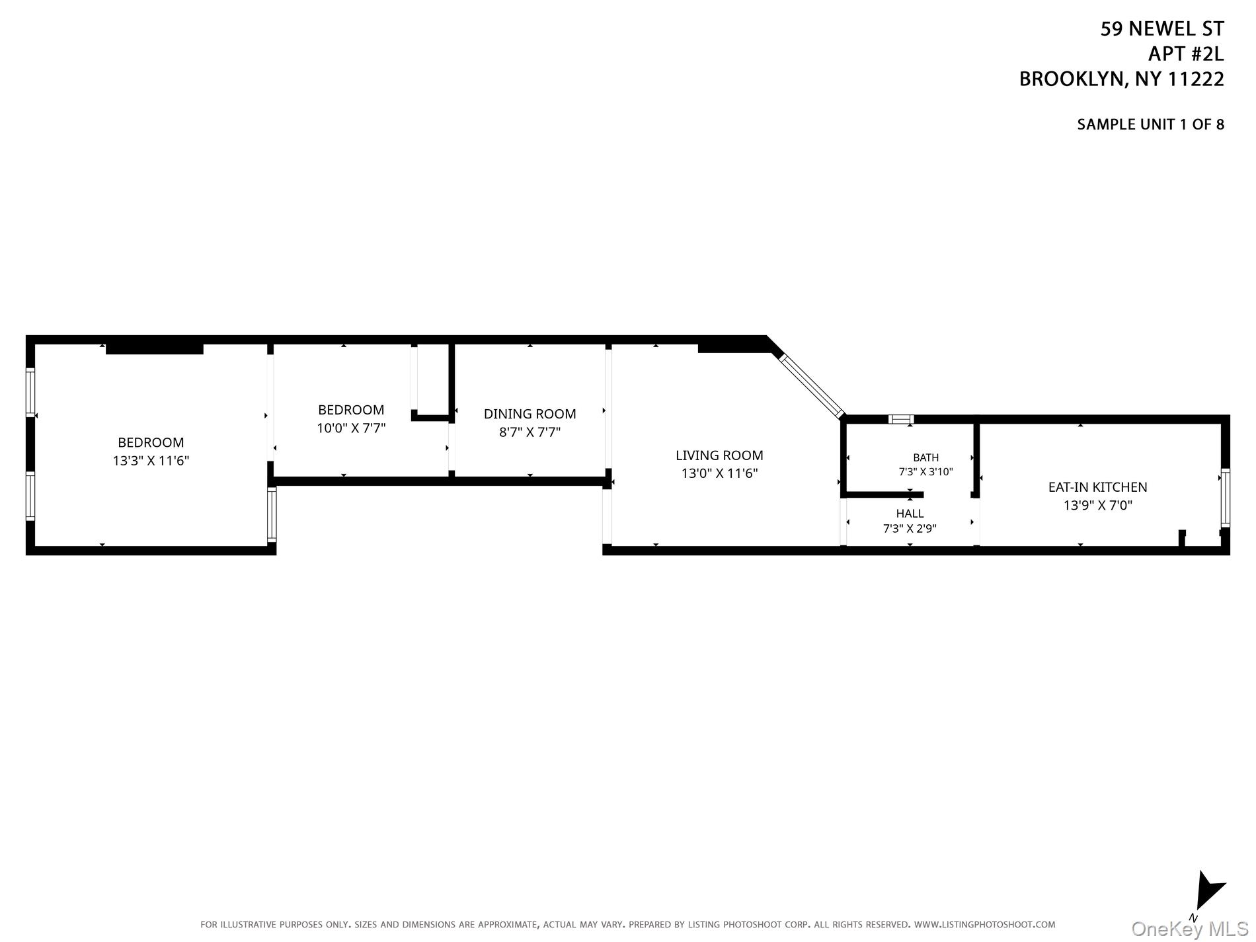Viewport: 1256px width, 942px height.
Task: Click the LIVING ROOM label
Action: [x=719, y=455]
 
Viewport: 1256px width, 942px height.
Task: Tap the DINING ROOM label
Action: [x=530, y=414]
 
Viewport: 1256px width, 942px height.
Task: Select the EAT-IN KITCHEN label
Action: [x=1097, y=487]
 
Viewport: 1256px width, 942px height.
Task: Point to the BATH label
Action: [x=925, y=457]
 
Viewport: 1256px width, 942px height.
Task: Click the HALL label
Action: [x=910, y=514]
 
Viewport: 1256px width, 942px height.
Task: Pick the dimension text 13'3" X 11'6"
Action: [x=151, y=461]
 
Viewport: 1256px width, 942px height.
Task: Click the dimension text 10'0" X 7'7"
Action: [x=351, y=428]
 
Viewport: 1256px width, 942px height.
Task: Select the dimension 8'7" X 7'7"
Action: [x=530, y=432]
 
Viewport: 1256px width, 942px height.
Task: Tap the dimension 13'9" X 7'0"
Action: [x=1097, y=506]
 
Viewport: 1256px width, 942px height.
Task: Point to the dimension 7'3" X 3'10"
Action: [x=925, y=472]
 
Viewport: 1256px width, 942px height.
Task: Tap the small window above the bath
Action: [x=901, y=419]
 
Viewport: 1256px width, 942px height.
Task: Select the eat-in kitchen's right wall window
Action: [x=1225, y=498]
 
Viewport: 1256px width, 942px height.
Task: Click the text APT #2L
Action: [x=1186, y=54]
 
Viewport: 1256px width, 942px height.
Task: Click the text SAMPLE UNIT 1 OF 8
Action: [x=1150, y=124]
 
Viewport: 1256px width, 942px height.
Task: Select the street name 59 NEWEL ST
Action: [x=1162, y=29]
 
